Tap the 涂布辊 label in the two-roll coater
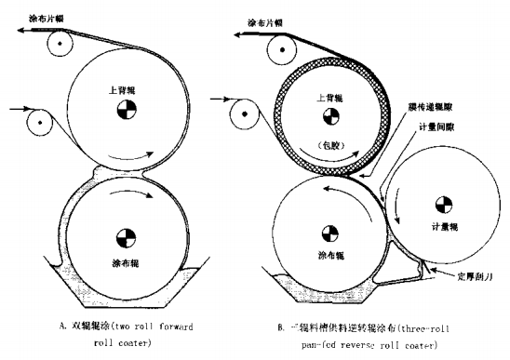[123, 250]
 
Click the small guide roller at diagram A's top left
[60, 43]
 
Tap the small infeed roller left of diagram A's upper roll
[40, 122]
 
